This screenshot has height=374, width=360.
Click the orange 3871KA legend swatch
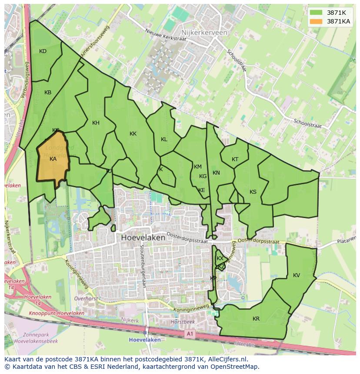[x=317, y=21]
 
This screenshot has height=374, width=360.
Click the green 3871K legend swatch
[x=317, y=13]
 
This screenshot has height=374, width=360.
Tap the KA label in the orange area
[x=53, y=159]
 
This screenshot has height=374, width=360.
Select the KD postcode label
[x=43, y=51]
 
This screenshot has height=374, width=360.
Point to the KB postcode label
[x=48, y=93]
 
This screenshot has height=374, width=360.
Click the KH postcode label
[x=96, y=123]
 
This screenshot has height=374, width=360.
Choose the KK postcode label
[x=133, y=134]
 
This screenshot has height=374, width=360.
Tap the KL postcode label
[x=164, y=139]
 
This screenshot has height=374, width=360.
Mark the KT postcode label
[x=235, y=159]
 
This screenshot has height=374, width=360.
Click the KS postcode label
[x=253, y=192]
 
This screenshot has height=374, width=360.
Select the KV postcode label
[x=297, y=275]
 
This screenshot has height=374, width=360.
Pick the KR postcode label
[x=256, y=319]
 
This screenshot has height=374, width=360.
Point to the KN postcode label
[x=216, y=173]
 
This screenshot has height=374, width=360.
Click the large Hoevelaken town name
[x=143, y=238]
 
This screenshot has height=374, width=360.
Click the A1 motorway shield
[x=190, y=334]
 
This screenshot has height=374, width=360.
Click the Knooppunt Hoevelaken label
[x=57, y=313]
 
